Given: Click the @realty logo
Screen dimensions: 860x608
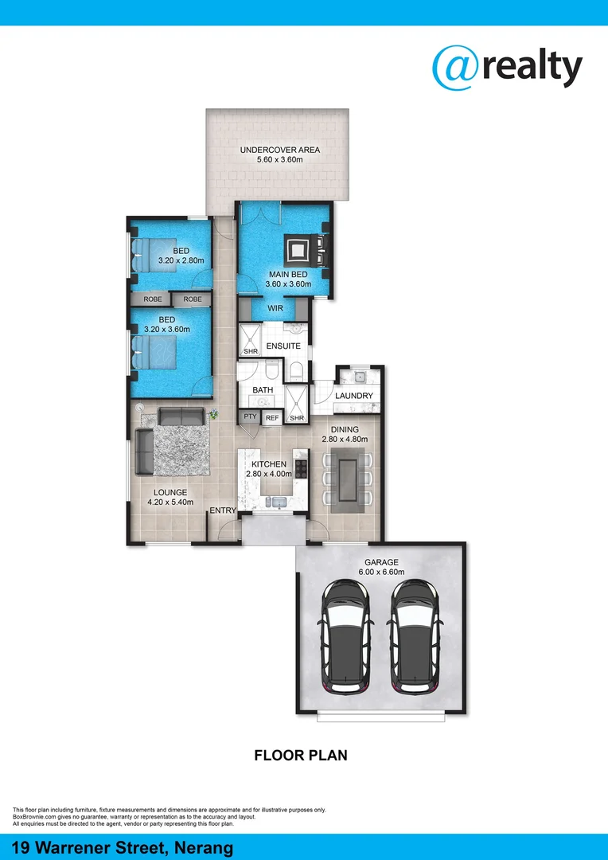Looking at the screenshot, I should (x=507, y=67).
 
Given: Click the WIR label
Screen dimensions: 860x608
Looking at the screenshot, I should (x=275, y=308).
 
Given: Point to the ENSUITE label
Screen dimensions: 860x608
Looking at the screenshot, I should (x=283, y=346).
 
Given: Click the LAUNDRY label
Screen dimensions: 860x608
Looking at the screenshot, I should (x=354, y=396).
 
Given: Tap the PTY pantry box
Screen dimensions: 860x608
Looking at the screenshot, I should (x=249, y=417).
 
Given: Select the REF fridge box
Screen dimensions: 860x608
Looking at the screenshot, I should (x=272, y=417).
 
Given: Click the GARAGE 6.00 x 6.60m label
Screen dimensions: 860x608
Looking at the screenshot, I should (x=381, y=567).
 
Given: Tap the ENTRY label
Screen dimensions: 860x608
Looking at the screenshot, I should (x=223, y=510).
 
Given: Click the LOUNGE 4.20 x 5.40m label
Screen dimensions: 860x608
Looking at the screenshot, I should (x=170, y=498).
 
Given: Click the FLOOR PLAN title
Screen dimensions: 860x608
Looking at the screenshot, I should (x=301, y=755).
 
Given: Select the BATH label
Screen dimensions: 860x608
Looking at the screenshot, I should (x=263, y=390).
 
